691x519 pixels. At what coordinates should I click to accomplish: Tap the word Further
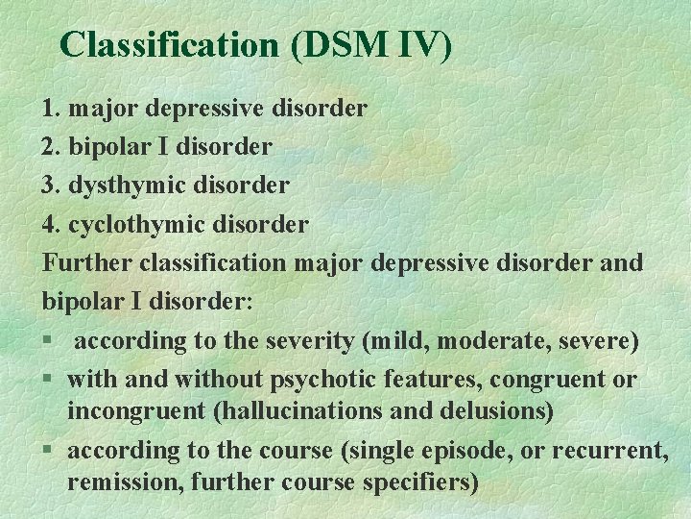click(87, 262)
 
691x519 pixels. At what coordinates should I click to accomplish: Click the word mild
click(381, 340)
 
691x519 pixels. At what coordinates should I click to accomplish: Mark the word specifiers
click(419, 482)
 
